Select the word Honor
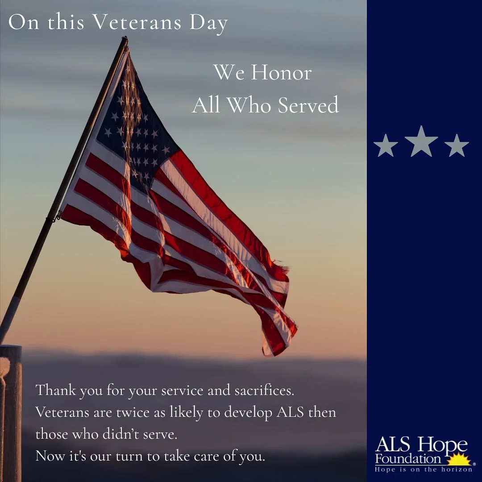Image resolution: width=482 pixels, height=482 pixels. pos(281,73)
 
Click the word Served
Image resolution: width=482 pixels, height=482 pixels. pos(308,105)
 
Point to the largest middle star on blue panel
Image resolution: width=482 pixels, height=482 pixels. pos(421,142)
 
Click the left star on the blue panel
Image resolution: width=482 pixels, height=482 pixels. pos(385,146)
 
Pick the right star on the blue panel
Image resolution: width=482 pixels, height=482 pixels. pos(457,146)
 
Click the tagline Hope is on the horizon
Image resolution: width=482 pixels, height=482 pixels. pos(423,470)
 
